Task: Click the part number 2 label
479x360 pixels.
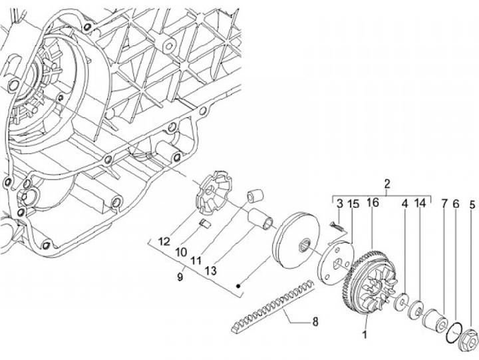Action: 387,184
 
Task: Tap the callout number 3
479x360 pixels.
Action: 339,204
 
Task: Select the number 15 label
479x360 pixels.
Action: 354,204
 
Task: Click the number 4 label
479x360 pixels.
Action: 404,204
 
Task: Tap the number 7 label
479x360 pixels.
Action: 444,204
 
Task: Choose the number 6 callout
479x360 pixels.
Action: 456,204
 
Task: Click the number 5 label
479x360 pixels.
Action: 472,204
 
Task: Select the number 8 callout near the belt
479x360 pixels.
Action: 315,321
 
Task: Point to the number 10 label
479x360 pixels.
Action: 180,253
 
